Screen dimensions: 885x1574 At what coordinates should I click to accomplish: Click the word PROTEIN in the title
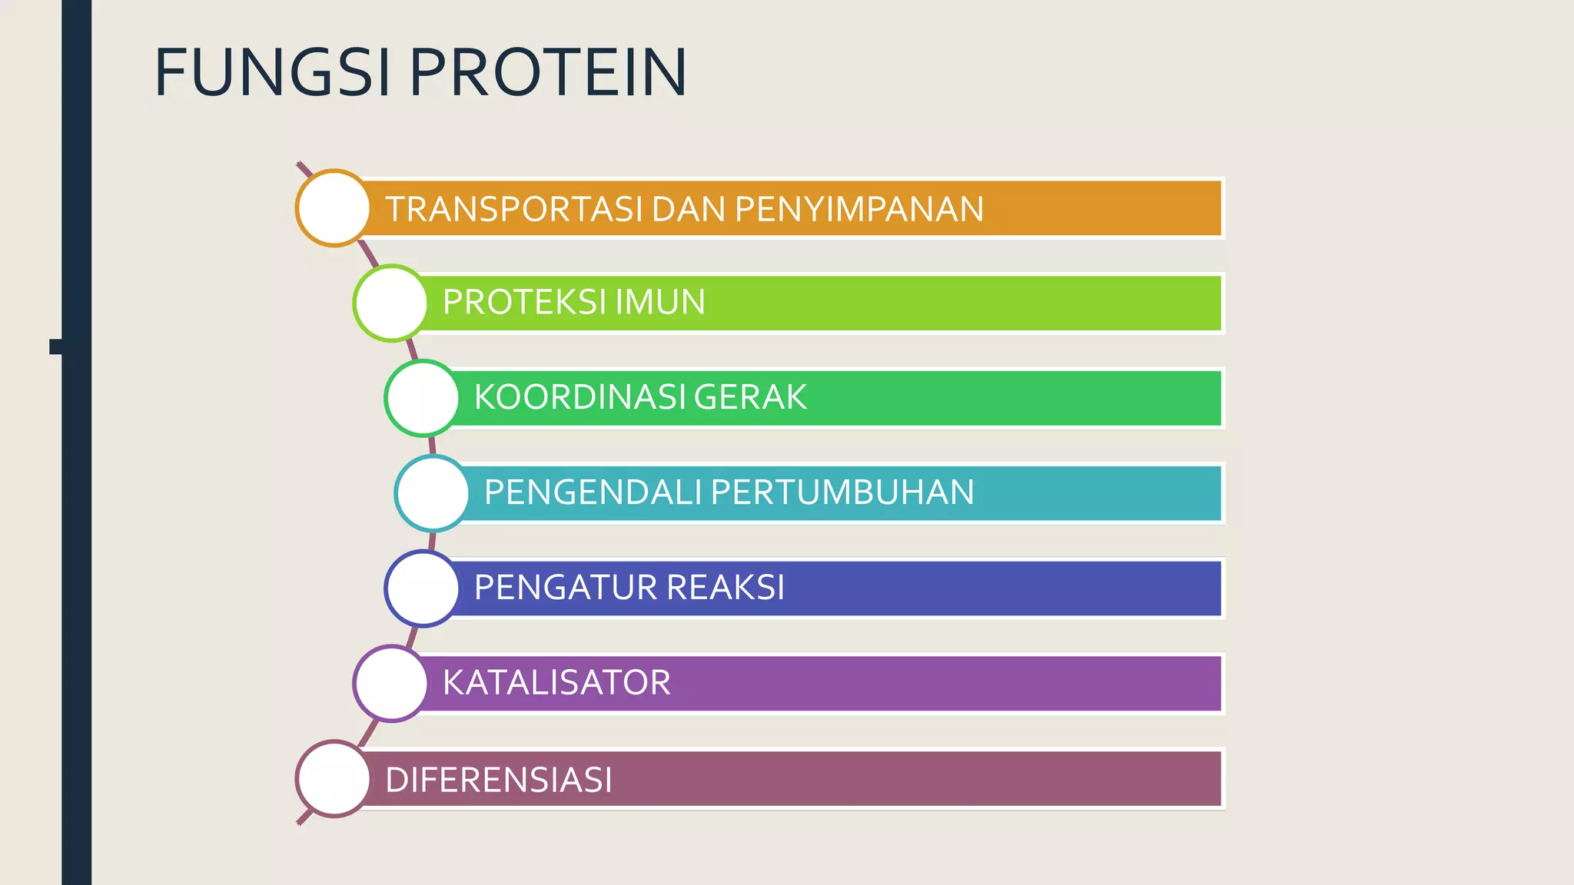pyautogui.click(x=547, y=73)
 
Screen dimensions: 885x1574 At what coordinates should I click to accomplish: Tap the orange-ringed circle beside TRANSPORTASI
pyautogui.click(x=334, y=208)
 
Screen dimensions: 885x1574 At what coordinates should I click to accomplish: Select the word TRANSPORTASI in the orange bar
pyautogui.click(x=513, y=209)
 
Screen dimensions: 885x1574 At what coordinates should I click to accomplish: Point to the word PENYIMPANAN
pyautogui.click(x=858, y=209)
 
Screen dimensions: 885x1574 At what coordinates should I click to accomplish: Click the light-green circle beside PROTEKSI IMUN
pyautogui.click(x=391, y=303)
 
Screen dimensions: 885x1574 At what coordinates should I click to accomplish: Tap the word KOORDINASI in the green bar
pyautogui.click(x=579, y=397)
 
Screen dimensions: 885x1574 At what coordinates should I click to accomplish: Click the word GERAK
pyautogui.click(x=750, y=397)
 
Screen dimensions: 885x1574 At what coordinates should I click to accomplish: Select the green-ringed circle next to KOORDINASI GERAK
pyautogui.click(x=423, y=398)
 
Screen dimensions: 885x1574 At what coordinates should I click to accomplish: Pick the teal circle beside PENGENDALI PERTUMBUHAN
pyautogui.click(x=433, y=493)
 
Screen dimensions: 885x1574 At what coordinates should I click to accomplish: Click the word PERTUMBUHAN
pyautogui.click(x=842, y=492)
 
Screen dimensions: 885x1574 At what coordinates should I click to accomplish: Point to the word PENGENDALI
pyautogui.click(x=592, y=492)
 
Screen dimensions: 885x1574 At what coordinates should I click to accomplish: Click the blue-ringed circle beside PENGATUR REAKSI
pyautogui.click(x=423, y=588)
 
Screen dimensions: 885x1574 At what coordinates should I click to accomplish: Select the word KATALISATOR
pyautogui.click(x=556, y=683)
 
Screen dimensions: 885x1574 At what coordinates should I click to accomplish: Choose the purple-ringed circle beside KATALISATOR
pyautogui.click(x=391, y=683)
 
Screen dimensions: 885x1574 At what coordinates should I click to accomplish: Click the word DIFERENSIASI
pyautogui.click(x=499, y=780)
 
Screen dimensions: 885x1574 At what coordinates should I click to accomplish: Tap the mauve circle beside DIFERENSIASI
pyautogui.click(x=334, y=778)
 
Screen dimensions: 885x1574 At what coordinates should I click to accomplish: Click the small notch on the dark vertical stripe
pyautogui.click(x=55, y=346)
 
